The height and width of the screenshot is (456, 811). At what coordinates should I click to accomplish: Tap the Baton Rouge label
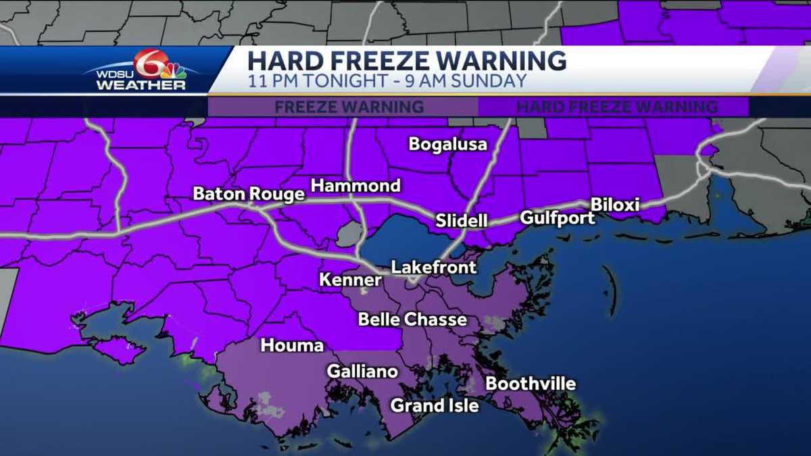[248, 195]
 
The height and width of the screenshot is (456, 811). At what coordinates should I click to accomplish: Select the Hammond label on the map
[355, 186]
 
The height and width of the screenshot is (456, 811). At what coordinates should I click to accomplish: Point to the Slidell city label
[462, 221]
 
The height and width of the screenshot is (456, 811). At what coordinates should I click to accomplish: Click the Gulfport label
[557, 218]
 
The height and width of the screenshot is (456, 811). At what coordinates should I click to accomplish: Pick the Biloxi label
[614, 204]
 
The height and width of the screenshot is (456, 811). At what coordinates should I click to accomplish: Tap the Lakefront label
[434, 268]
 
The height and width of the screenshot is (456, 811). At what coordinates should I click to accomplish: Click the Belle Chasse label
[412, 319]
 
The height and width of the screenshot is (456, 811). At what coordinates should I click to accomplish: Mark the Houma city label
[292, 346]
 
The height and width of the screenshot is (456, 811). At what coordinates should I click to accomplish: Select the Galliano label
[362, 372]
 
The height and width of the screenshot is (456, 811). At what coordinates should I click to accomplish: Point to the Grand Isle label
[435, 405]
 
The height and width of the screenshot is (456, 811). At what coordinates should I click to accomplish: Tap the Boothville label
[531, 384]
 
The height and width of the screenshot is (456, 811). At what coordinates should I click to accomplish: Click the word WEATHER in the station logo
[141, 86]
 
